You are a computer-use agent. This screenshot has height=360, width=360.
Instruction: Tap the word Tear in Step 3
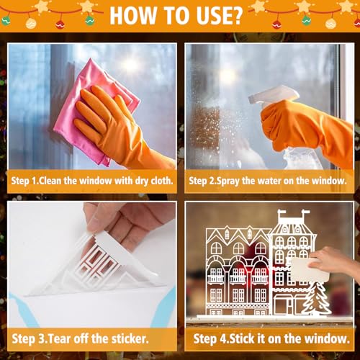tap(68, 337)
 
